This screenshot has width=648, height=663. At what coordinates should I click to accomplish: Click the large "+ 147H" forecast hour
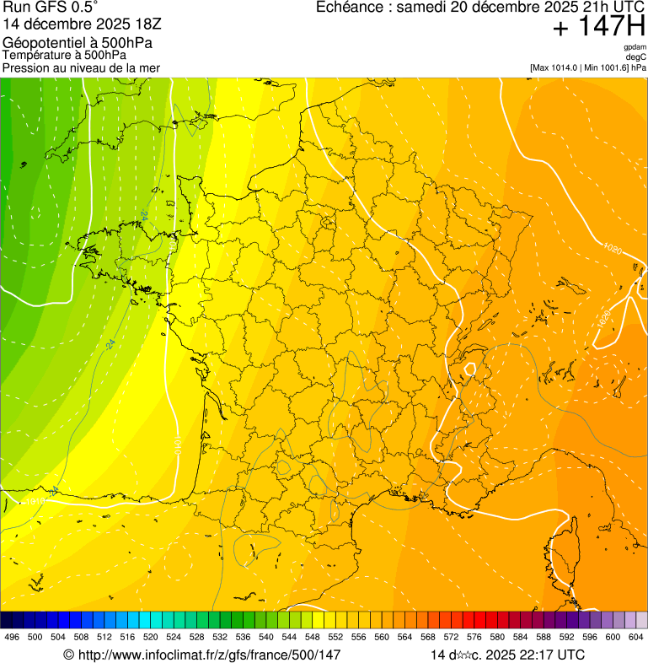coord(598,27)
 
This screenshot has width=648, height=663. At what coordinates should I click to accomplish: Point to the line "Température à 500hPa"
coord(64,55)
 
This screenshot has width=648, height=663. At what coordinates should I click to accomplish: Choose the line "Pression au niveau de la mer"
coord(81,67)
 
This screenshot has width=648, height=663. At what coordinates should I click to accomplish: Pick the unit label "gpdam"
coord(635,47)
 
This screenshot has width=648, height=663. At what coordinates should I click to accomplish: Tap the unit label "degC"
coord(636,57)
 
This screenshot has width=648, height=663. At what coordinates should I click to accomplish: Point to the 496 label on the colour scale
coord(12,637)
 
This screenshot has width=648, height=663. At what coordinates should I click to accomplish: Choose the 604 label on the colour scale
coord(636,637)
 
